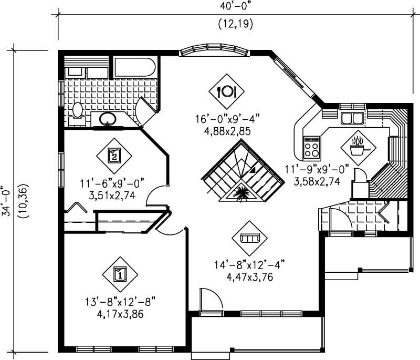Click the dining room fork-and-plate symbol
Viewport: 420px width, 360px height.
(x=227, y=91)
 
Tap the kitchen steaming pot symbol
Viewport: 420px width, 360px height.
(x=358, y=148)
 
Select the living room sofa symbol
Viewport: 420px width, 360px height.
(x=249, y=238)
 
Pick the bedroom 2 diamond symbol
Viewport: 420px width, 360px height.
(x=114, y=155)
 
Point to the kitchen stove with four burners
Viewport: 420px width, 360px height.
(x=312, y=147)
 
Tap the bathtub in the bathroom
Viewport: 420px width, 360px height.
(x=135, y=68)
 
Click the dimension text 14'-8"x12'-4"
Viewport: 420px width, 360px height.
(x=249, y=264)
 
